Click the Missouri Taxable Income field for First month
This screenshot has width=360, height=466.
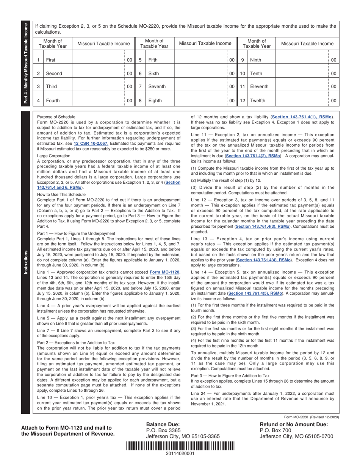(98, 60)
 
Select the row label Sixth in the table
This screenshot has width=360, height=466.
(154, 73)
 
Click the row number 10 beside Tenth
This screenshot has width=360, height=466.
(243, 73)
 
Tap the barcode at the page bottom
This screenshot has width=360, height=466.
(180, 446)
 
